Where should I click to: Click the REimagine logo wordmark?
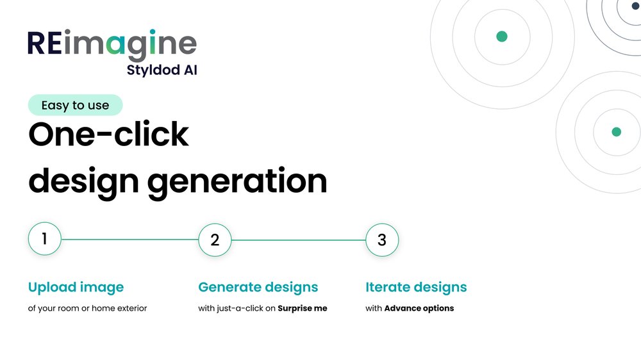coord(112,45)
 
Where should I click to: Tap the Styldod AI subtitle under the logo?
coord(162,70)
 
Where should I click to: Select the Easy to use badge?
coord(75,105)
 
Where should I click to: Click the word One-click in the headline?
coord(108,134)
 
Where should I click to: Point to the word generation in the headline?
coord(237,181)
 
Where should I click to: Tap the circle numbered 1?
coord(45,239)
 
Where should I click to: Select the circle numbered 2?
coord(215,240)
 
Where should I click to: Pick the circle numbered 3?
coord(382,240)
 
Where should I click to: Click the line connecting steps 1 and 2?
coord(129,240)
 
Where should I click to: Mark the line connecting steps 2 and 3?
coord(299,240)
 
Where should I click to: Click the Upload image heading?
coord(76,288)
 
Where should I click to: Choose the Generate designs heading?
coord(258,288)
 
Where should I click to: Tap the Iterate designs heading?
coord(416,288)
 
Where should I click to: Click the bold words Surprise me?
coord(303,309)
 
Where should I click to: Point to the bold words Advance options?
coord(419,309)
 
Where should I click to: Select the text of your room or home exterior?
coord(87,309)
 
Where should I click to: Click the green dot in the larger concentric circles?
coord(502,37)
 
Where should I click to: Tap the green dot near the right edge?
coord(617,132)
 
